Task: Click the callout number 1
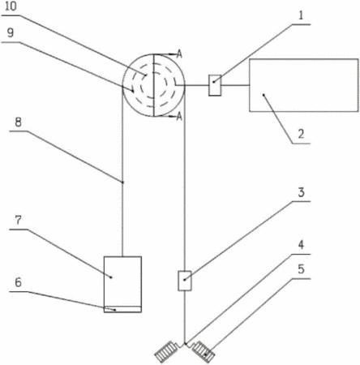point(301,15)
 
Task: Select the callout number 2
point(301,134)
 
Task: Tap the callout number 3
point(301,192)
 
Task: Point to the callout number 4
point(301,245)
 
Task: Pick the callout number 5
point(301,269)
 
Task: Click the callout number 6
point(18,282)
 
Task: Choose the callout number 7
point(18,220)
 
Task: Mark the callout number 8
point(18,122)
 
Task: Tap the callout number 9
point(11,32)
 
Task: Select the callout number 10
point(11,6)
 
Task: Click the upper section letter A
point(179,54)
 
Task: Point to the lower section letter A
point(179,117)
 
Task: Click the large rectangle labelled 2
point(304,85)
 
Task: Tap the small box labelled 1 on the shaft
point(215,85)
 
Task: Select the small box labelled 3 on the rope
point(185,281)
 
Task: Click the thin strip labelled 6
point(122,309)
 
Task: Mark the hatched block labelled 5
point(204,351)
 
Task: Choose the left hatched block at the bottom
point(166,352)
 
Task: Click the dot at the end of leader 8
point(122,182)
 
